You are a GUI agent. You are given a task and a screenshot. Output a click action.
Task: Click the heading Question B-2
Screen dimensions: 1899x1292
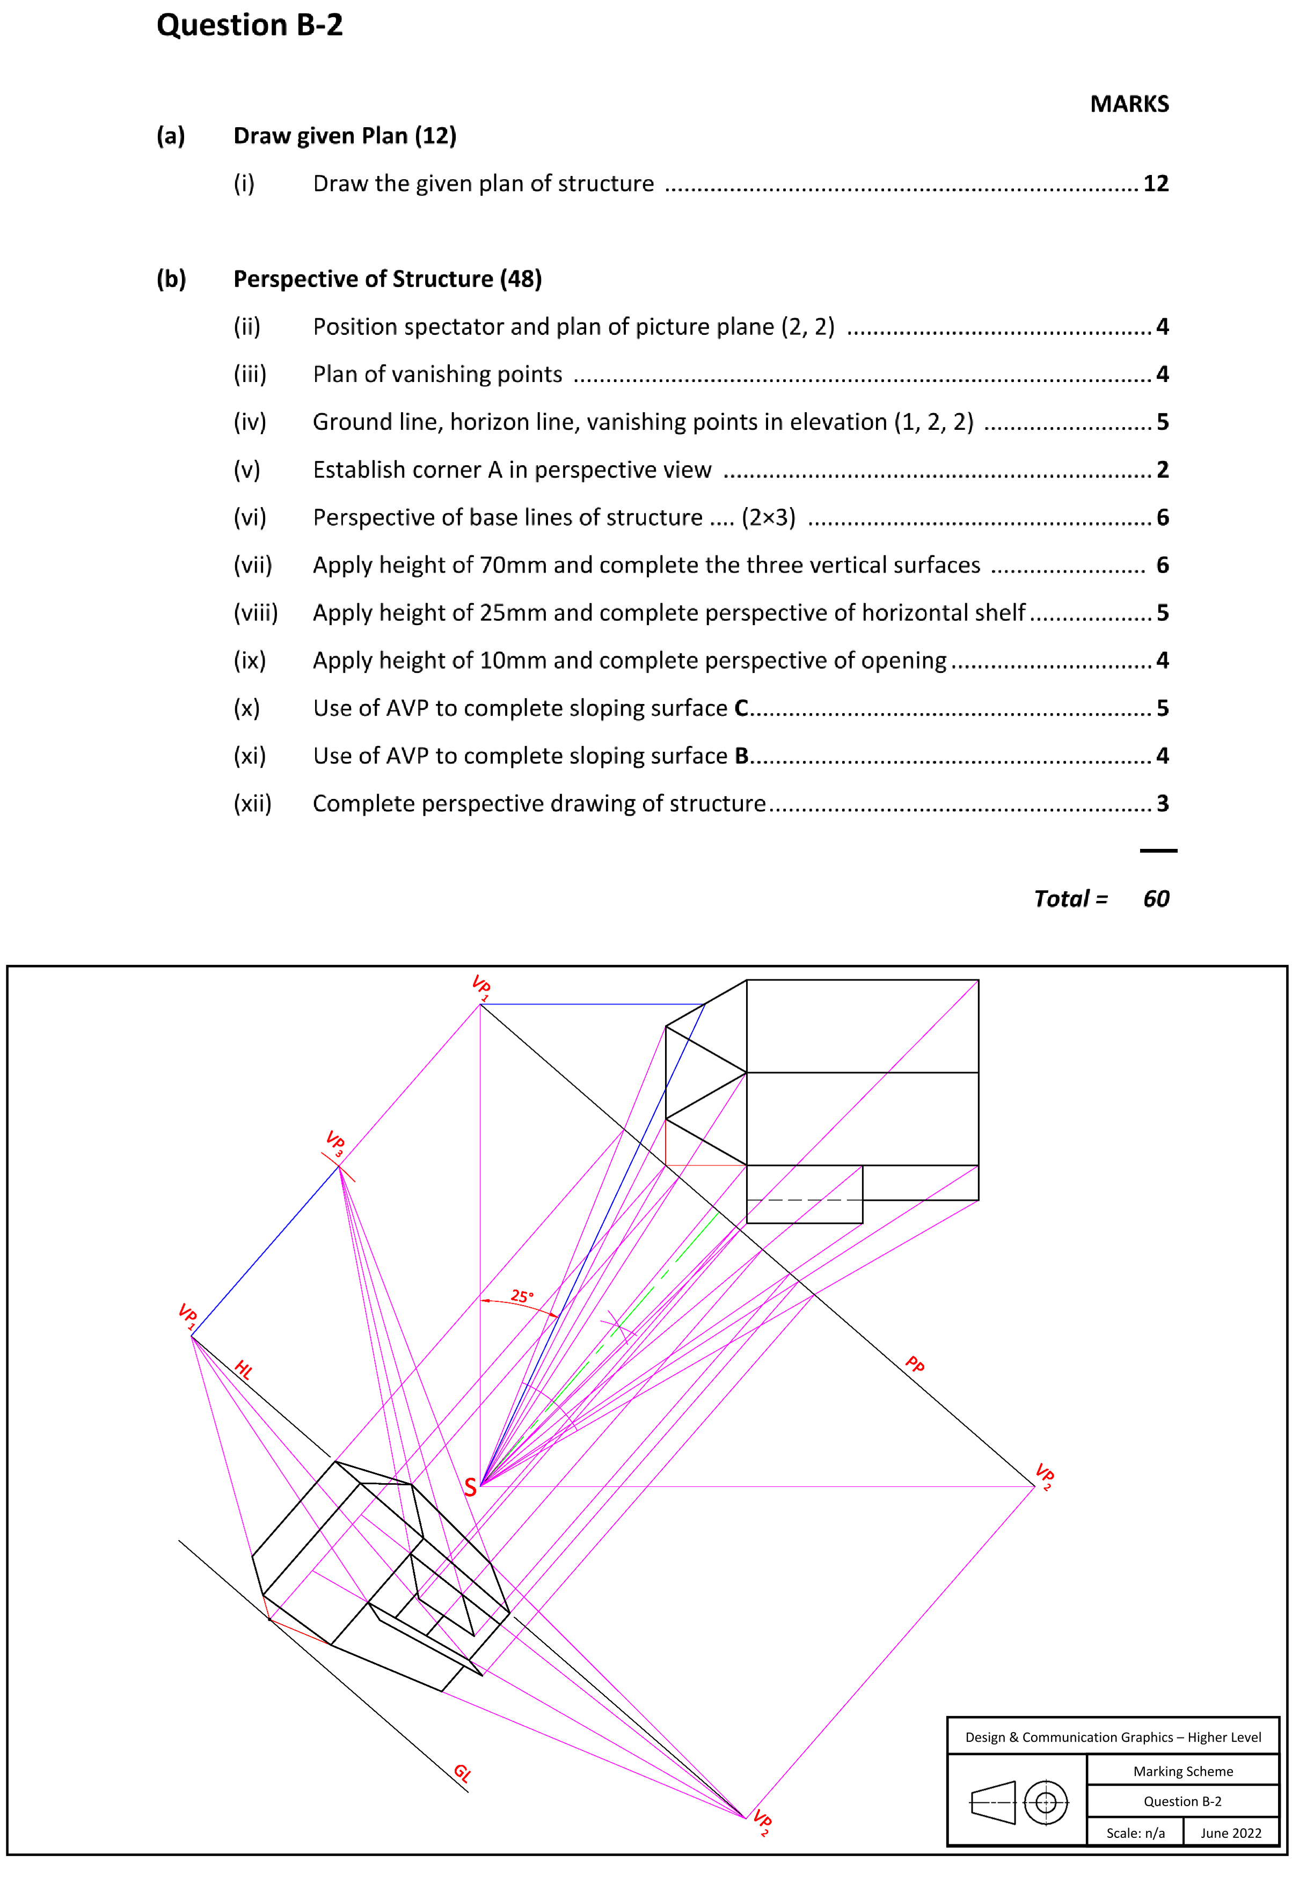(249, 25)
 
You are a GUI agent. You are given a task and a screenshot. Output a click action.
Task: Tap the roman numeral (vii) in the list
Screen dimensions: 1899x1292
(252, 564)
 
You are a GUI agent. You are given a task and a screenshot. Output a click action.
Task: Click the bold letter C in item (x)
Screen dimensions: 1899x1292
(740, 708)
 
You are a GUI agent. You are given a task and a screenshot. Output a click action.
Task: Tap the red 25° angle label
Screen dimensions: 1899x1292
(521, 1296)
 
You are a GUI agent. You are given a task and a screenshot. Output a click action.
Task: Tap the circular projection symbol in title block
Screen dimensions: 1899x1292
(1045, 1802)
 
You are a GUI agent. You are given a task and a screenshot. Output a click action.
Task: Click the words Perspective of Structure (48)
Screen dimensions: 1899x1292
(388, 278)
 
